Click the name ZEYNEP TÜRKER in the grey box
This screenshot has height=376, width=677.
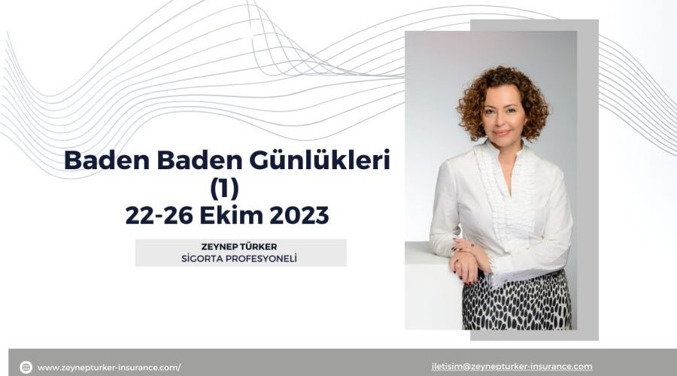coord(241,247)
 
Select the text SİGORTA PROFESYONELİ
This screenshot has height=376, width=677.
coord(241,259)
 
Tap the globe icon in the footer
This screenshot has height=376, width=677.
coord(26,367)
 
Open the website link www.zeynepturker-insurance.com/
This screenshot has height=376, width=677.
coord(109,367)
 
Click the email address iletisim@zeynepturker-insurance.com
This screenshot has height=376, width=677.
coord(512,366)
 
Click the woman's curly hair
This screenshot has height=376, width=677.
coord(502,86)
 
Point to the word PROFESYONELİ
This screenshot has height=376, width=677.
coord(266,259)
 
